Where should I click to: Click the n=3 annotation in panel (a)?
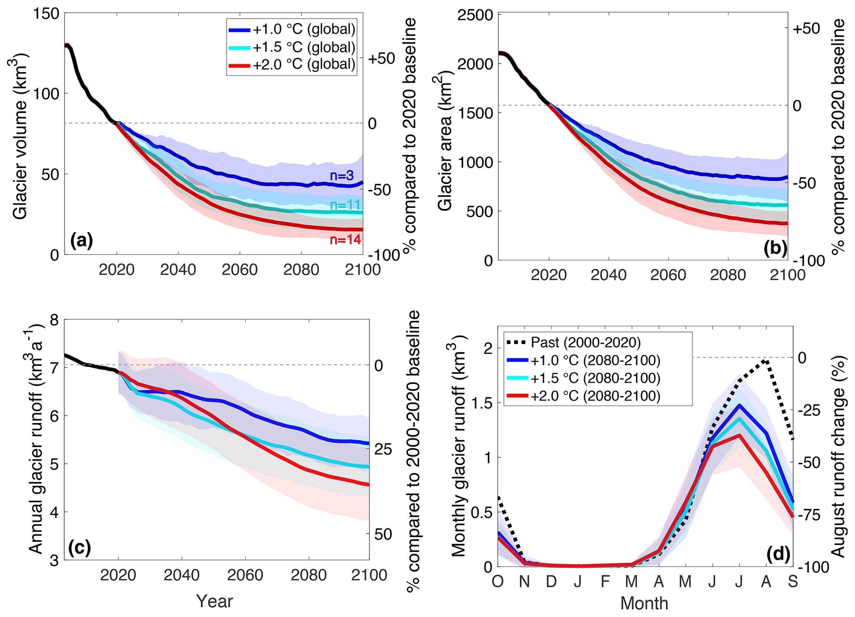click(342, 176)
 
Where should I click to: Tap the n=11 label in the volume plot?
click(345, 205)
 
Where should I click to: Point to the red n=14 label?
click(345, 239)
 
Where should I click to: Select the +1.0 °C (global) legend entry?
click(292, 29)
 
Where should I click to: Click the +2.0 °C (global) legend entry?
click(292, 64)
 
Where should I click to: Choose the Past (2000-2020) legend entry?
click(573, 342)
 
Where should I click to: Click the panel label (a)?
click(81, 240)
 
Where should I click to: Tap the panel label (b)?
click(775, 248)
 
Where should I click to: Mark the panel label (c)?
click(79, 548)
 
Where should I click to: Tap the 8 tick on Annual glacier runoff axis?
click(55, 320)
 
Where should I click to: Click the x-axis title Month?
click(644, 603)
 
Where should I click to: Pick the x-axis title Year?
click(214, 601)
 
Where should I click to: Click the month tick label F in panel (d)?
click(605, 581)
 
